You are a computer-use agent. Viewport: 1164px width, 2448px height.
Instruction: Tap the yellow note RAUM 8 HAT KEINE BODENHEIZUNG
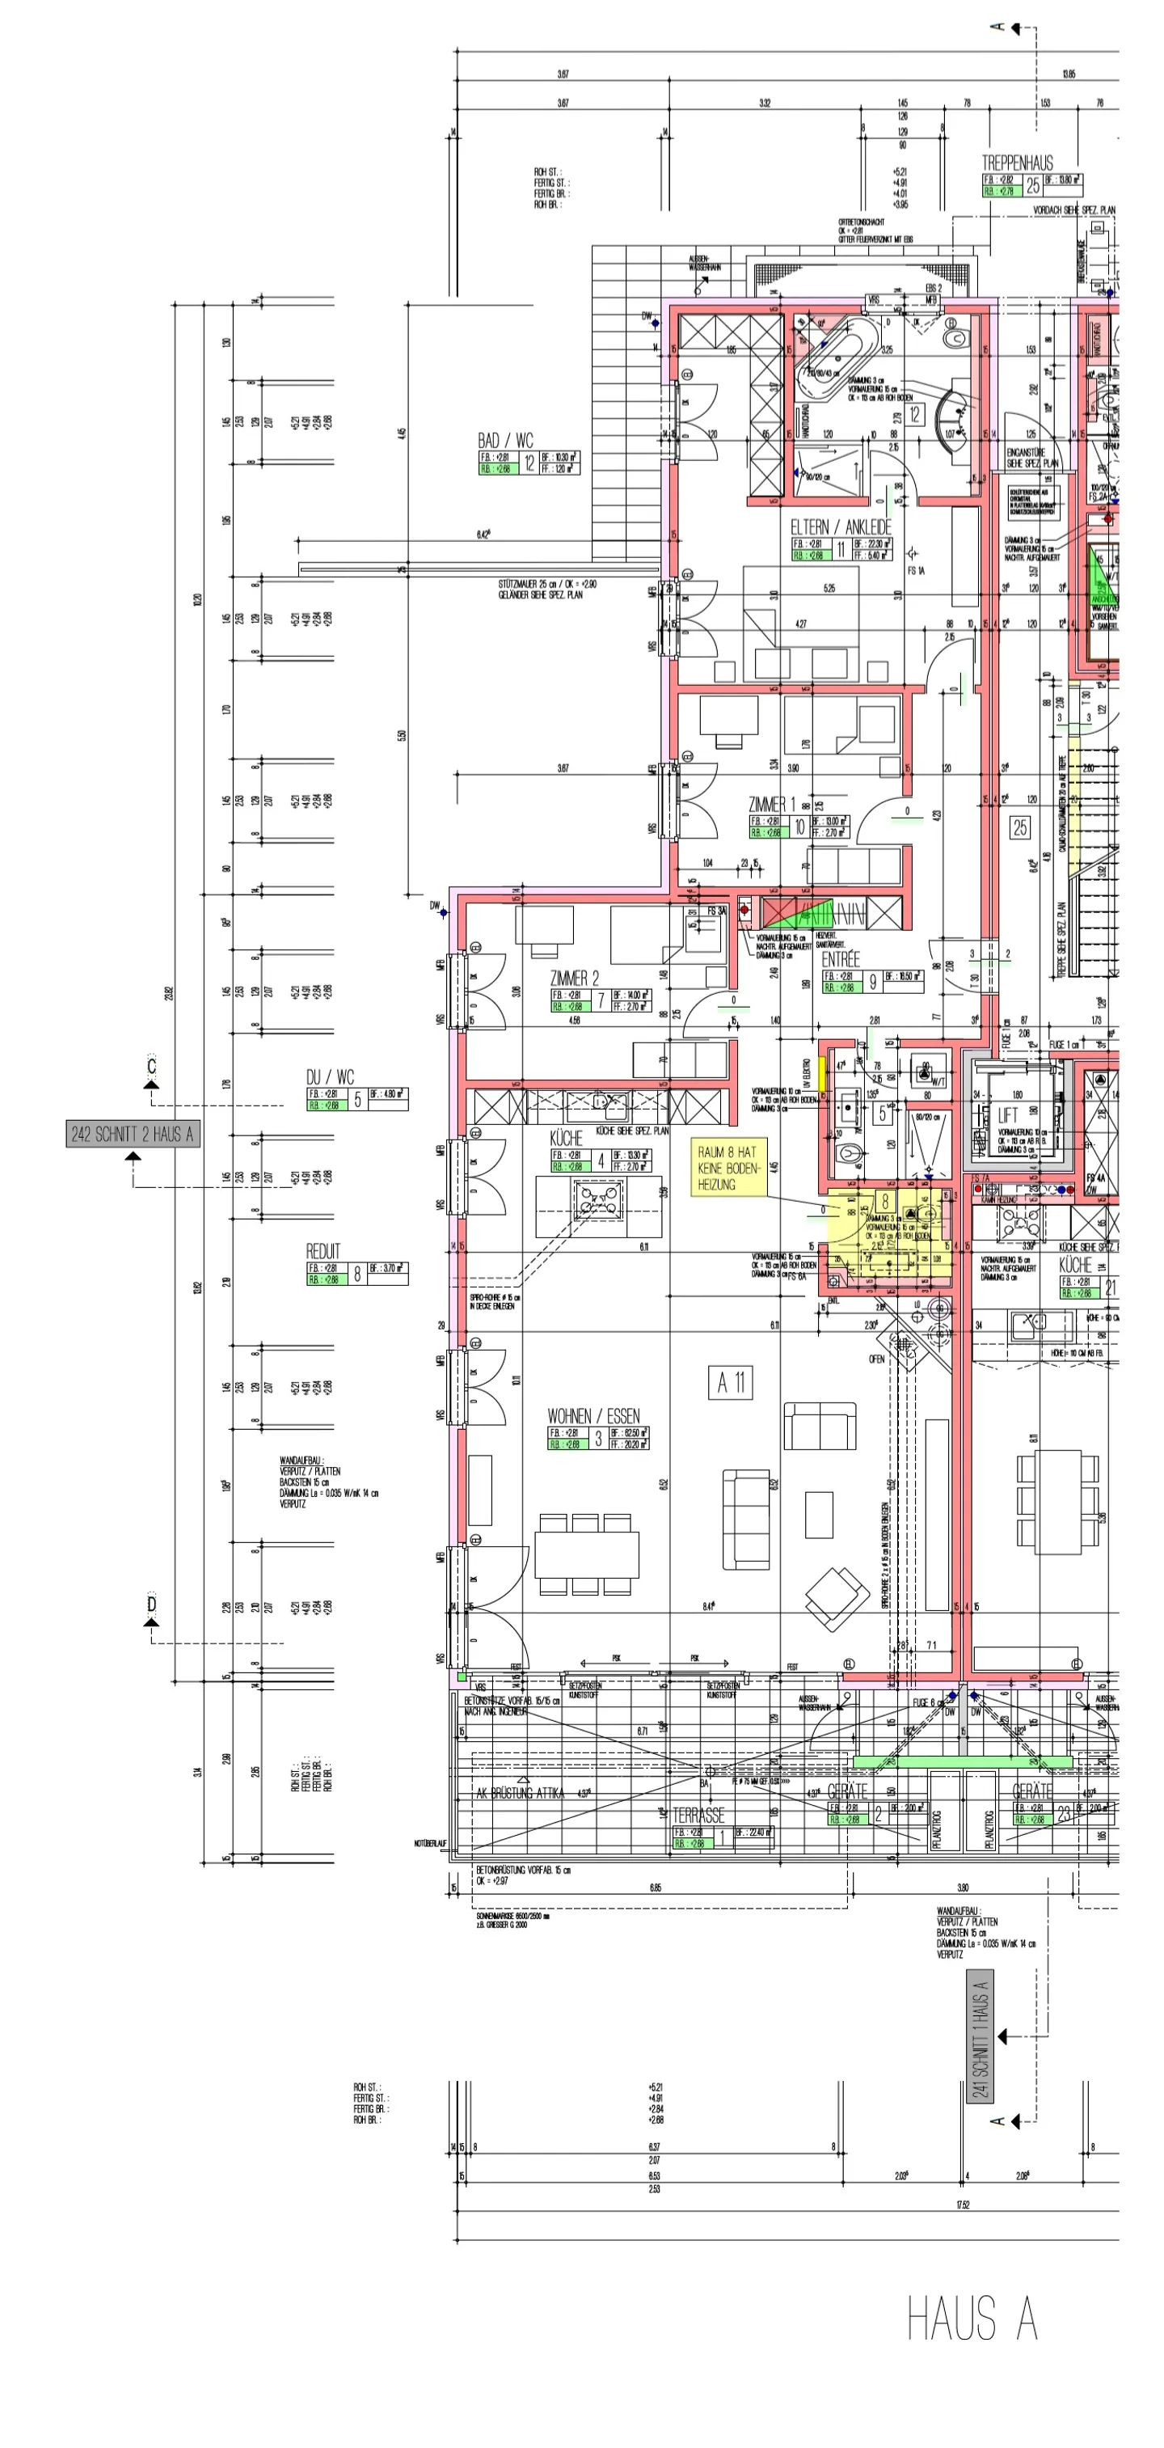coord(727,1168)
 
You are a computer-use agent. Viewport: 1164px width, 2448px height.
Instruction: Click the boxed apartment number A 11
coord(730,1383)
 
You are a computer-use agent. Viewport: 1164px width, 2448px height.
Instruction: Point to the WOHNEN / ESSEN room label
coord(593,1416)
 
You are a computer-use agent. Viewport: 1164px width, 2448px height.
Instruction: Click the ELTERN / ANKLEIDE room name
coord(841,526)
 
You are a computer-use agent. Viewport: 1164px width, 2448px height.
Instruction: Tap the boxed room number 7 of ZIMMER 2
coord(601,1000)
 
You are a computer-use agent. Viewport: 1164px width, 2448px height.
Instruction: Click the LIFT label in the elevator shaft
coord(1007,1114)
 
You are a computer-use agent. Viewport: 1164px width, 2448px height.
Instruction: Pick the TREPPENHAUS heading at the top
coord(1017,163)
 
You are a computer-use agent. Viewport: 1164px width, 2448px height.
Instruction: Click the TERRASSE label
coord(698,1815)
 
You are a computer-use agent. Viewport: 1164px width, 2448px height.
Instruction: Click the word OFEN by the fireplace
coord(876,1359)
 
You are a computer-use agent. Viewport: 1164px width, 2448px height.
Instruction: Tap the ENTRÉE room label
coord(840,960)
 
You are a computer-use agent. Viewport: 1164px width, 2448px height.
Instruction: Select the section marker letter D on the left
coord(151,1605)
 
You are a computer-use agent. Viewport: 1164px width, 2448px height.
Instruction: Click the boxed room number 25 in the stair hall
coord(1019,827)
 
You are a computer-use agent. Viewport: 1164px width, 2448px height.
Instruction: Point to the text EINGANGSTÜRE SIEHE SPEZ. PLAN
coord(1025,458)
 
